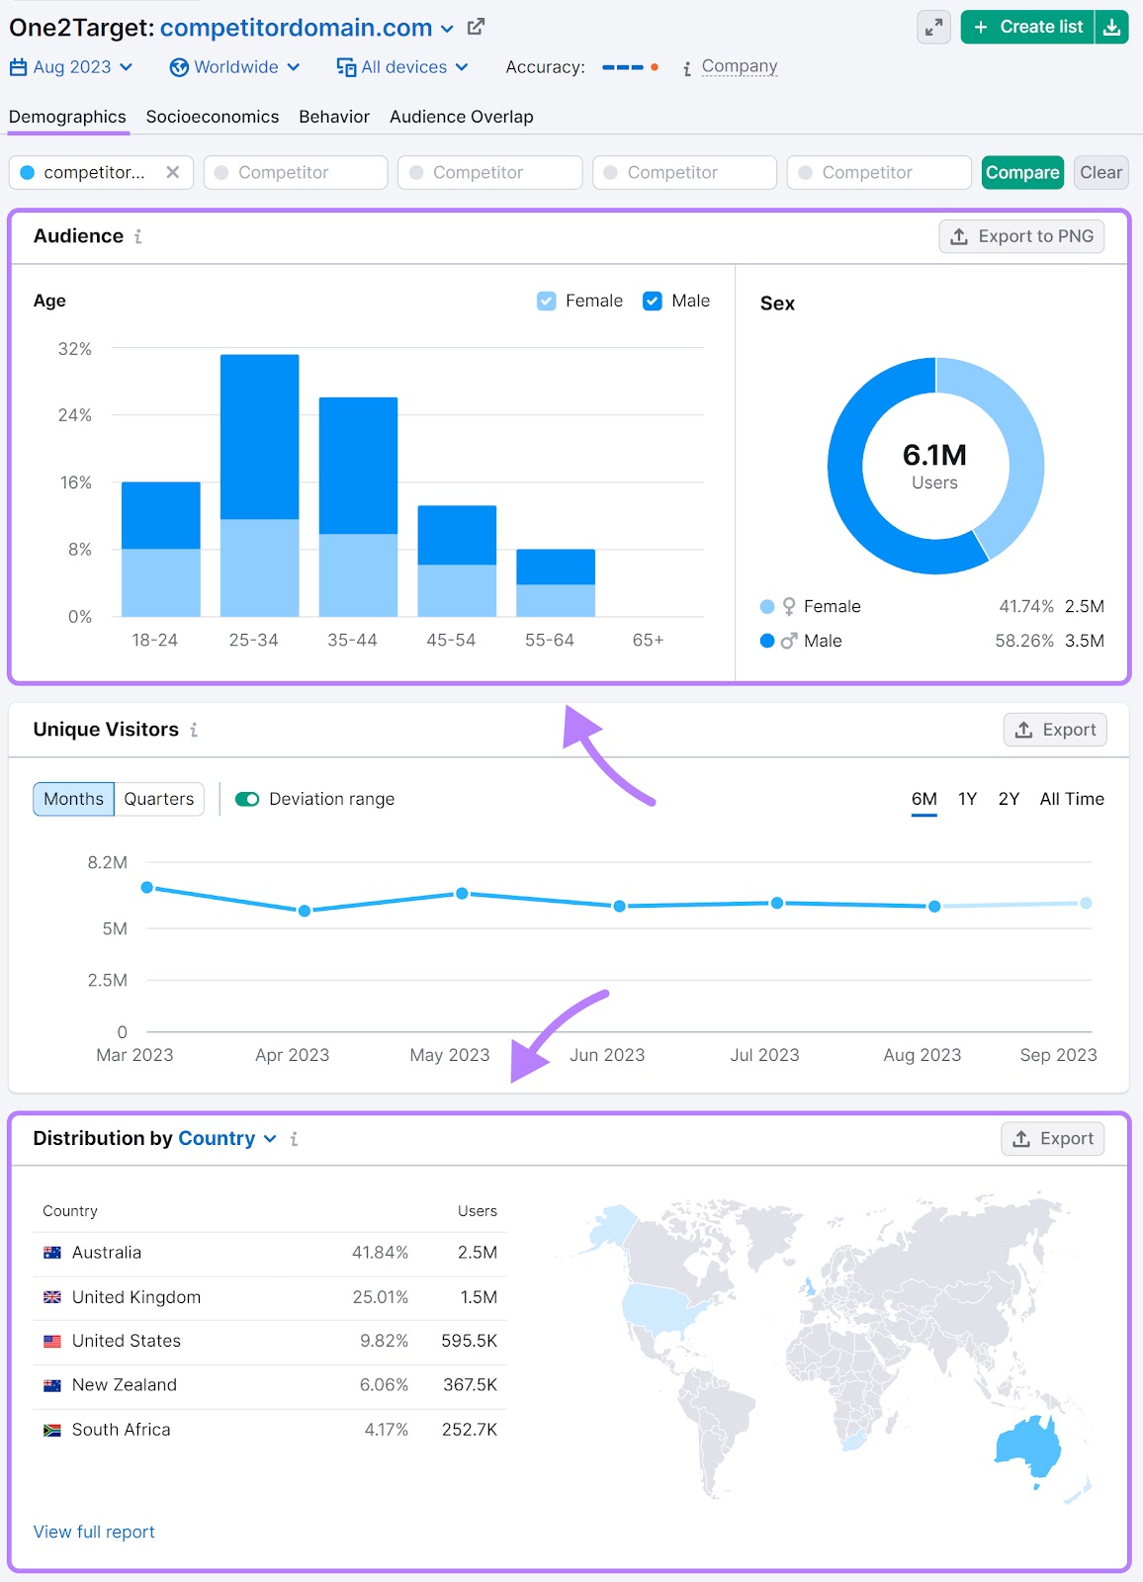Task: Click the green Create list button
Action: point(1028,27)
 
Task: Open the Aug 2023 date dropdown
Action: point(71,67)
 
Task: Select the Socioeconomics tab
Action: point(212,117)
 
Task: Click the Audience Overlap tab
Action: point(461,117)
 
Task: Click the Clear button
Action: point(1100,172)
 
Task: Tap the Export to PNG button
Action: point(1021,236)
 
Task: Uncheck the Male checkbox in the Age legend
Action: point(653,301)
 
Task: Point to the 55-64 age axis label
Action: point(550,640)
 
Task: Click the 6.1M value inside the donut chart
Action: point(934,455)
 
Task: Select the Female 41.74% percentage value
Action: point(1025,606)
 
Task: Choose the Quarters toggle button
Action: point(159,799)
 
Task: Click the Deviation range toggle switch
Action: point(247,799)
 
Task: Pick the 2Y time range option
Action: point(1009,799)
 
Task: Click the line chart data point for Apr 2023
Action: point(305,911)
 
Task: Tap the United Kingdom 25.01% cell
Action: point(380,1297)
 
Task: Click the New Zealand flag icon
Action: point(52,1385)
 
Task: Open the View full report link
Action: point(94,1532)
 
